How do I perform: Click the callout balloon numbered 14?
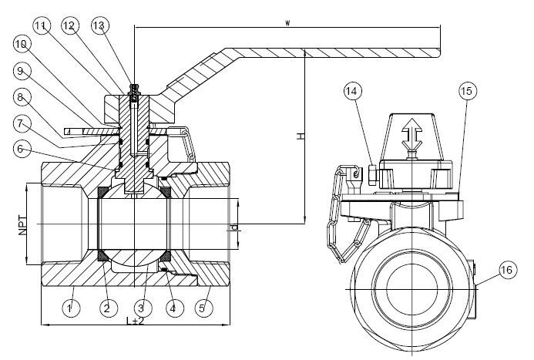(x=353, y=91)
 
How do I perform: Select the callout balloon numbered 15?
(x=467, y=91)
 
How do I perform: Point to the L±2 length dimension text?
(x=136, y=321)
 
